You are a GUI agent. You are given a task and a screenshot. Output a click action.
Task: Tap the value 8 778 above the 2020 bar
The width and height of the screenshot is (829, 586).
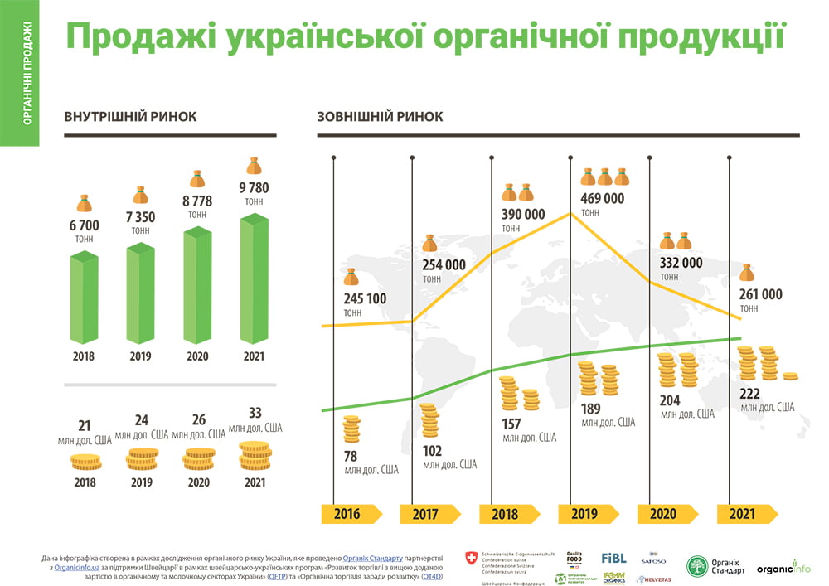pos(197,200)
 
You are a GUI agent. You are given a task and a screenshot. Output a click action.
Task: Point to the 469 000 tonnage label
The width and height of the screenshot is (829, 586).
pos(603,198)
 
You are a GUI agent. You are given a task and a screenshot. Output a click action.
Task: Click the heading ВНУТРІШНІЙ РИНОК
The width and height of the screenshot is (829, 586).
pos(130,117)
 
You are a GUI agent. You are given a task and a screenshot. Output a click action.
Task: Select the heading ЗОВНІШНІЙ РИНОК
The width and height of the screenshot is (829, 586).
pos(380,117)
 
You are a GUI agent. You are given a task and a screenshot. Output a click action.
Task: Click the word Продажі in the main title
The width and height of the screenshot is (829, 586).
pos(136,36)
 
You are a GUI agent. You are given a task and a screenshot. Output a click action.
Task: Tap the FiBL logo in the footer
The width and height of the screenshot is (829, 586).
pos(613,558)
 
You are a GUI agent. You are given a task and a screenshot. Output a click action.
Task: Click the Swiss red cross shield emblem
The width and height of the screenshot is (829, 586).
pos(472,559)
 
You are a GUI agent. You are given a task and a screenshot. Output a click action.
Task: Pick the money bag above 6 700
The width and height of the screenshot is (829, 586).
pos(84,203)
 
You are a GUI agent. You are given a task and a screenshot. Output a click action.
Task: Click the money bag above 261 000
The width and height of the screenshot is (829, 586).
pos(749,273)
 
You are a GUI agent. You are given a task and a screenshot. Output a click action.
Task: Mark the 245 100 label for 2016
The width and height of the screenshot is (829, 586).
pos(366,298)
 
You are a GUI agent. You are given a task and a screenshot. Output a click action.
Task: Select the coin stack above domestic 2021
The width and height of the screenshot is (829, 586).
pos(255,455)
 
